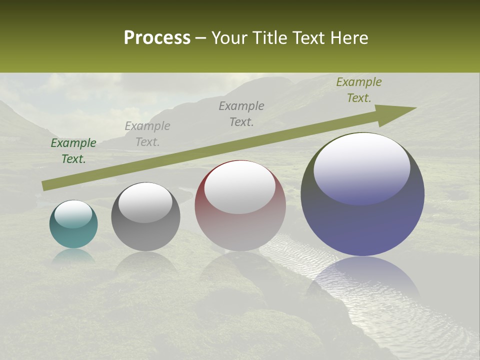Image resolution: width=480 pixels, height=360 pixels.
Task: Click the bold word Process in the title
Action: (x=157, y=38)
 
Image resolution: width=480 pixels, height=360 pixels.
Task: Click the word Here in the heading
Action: (x=349, y=38)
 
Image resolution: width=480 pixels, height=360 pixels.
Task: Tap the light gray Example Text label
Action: (x=147, y=134)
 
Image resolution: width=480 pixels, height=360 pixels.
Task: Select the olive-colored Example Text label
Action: (x=359, y=90)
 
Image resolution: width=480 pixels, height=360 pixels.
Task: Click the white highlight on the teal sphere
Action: (x=73, y=214)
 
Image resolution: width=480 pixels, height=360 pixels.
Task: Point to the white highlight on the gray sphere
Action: (x=145, y=202)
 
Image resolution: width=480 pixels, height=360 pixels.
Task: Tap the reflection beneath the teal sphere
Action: (x=73, y=256)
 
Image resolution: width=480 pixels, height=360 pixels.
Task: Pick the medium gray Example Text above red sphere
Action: (x=241, y=114)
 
